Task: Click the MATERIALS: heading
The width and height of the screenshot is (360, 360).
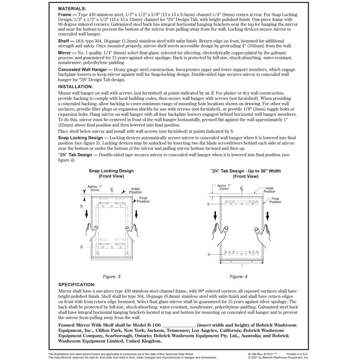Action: click(72, 9)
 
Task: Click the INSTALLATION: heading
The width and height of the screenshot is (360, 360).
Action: click(75, 87)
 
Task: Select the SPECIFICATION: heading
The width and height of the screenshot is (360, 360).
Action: click(77, 284)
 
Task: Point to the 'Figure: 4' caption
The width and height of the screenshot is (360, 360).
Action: click(238, 277)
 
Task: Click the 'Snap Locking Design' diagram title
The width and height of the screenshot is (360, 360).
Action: click(111, 171)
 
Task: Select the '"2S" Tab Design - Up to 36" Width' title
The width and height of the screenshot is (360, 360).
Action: click(245, 171)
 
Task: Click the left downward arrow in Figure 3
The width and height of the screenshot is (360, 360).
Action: click(86, 214)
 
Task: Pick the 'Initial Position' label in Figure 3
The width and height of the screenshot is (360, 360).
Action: click(135, 190)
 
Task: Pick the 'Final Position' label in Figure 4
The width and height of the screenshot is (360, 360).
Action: click(275, 200)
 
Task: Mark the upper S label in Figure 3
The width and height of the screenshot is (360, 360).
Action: click(81, 206)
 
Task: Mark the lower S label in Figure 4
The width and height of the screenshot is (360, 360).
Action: click(209, 254)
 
